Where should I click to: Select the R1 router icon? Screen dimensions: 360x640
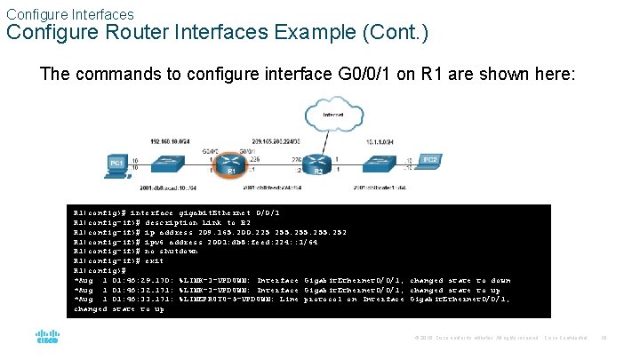(x=231, y=164)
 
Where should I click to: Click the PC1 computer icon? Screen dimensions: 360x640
(x=116, y=164)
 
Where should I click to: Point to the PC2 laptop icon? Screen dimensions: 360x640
(x=430, y=162)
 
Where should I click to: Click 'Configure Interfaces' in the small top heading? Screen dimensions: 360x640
(x=70, y=14)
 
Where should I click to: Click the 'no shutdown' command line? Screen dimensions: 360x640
(x=130, y=251)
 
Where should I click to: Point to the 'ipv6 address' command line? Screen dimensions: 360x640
(x=178, y=241)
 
